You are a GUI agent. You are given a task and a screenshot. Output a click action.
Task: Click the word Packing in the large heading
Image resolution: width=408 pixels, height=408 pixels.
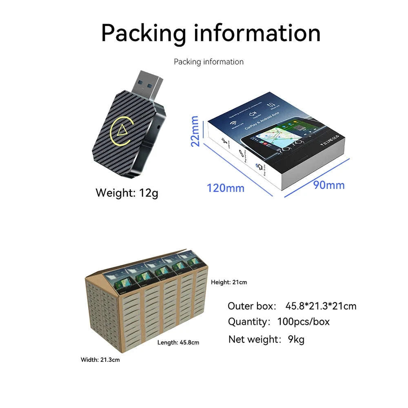(x=143, y=33)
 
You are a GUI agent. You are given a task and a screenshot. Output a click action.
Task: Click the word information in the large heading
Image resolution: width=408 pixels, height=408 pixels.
(x=257, y=33)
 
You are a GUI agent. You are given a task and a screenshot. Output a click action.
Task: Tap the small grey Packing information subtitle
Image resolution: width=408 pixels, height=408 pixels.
(x=208, y=62)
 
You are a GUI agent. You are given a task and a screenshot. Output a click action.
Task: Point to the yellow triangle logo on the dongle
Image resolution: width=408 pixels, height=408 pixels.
(x=122, y=130)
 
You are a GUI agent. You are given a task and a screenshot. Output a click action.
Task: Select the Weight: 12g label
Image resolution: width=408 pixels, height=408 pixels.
(x=126, y=193)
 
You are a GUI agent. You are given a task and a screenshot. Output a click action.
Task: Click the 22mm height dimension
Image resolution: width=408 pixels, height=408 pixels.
(x=195, y=131)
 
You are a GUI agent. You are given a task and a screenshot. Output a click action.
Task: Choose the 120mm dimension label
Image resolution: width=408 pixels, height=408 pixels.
(x=225, y=188)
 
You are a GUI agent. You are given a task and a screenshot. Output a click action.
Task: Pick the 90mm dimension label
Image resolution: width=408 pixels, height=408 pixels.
(x=329, y=185)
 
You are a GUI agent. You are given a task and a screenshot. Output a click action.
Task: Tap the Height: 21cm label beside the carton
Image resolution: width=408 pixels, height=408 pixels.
(x=229, y=282)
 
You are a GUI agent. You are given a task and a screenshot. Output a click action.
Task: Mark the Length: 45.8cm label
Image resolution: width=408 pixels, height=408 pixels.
(x=178, y=342)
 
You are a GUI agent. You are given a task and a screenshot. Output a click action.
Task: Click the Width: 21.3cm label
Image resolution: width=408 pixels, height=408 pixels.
(x=100, y=360)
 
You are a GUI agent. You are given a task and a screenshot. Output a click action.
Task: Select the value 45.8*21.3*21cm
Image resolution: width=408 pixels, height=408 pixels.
(x=321, y=306)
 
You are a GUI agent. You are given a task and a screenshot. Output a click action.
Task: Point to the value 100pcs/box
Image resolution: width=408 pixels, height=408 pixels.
(x=303, y=322)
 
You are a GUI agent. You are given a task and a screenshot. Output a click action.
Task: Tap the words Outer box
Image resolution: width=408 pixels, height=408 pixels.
(x=252, y=306)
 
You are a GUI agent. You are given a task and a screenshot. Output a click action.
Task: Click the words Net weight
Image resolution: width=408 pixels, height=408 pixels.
(x=255, y=339)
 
